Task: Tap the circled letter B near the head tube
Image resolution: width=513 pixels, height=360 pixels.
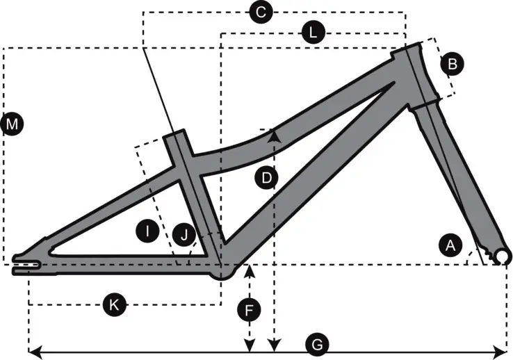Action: click(x=452, y=65)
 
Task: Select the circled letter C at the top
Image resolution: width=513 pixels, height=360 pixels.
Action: click(x=261, y=12)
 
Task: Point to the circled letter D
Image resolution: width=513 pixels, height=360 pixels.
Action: click(x=266, y=178)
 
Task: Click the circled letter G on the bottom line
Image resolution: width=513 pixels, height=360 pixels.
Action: click(x=316, y=344)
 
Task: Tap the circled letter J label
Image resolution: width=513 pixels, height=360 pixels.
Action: click(x=184, y=236)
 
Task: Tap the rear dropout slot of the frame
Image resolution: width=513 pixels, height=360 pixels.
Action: click(x=28, y=264)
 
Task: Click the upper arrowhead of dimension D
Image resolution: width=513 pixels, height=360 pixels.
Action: click(x=275, y=133)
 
